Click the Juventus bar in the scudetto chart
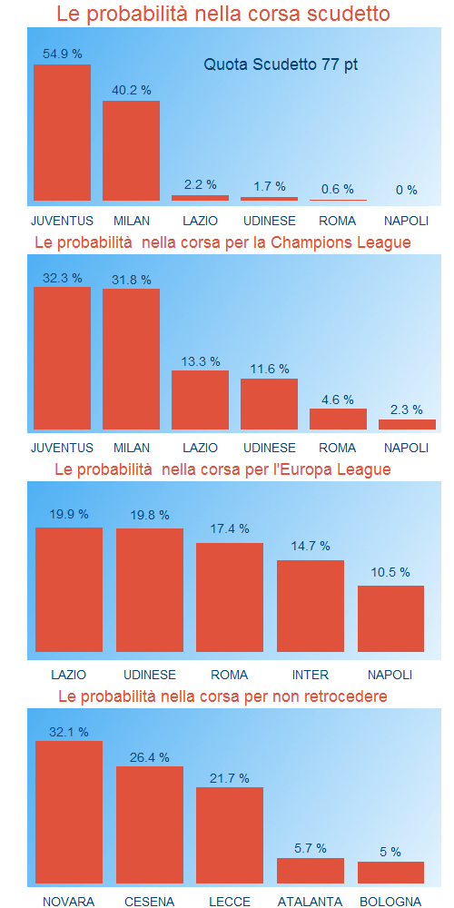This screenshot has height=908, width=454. pyautogui.click(x=62, y=133)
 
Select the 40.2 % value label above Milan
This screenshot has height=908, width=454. pyautogui.click(x=131, y=90)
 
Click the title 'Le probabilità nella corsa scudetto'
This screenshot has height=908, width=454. pyautogui.click(x=223, y=15)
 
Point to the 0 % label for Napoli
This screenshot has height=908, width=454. pyautogui.click(x=407, y=190)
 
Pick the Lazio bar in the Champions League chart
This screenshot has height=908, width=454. pyautogui.click(x=200, y=400)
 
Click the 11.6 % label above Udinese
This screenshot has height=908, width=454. pyautogui.click(x=269, y=369)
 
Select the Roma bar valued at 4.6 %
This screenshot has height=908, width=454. pyautogui.click(x=338, y=419)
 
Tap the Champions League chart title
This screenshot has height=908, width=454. pyautogui.click(x=222, y=242)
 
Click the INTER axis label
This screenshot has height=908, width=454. pyautogui.click(x=310, y=675)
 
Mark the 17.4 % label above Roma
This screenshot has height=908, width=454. pyautogui.click(x=229, y=528)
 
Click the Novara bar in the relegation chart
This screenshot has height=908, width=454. pyautogui.click(x=68, y=812)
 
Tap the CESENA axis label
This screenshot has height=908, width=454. pyautogui.click(x=149, y=902)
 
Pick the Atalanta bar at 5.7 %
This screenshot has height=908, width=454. pyautogui.click(x=310, y=871)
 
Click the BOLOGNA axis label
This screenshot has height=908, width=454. pyautogui.click(x=390, y=902)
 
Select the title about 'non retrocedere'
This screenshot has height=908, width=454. pyautogui.click(x=222, y=696)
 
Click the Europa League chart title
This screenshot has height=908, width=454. pyautogui.click(x=222, y=469)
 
